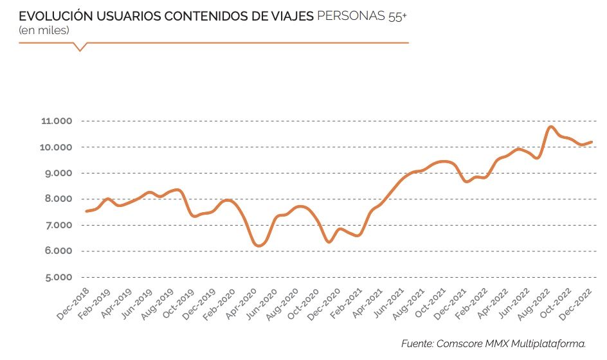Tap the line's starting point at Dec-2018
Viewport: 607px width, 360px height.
tap(86, 211)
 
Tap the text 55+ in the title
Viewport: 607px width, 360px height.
tap(397, 17)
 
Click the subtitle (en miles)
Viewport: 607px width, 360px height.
tap(44, 30)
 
